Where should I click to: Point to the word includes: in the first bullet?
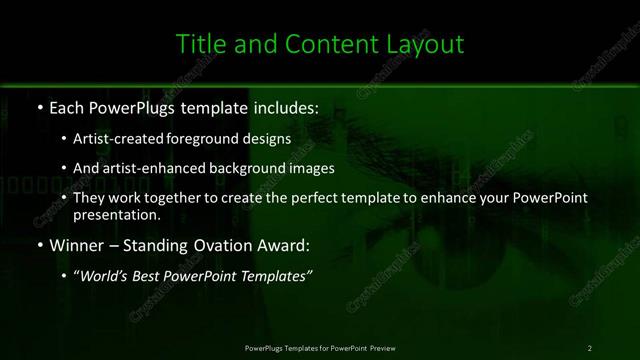256,108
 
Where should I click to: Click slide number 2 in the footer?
590,347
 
